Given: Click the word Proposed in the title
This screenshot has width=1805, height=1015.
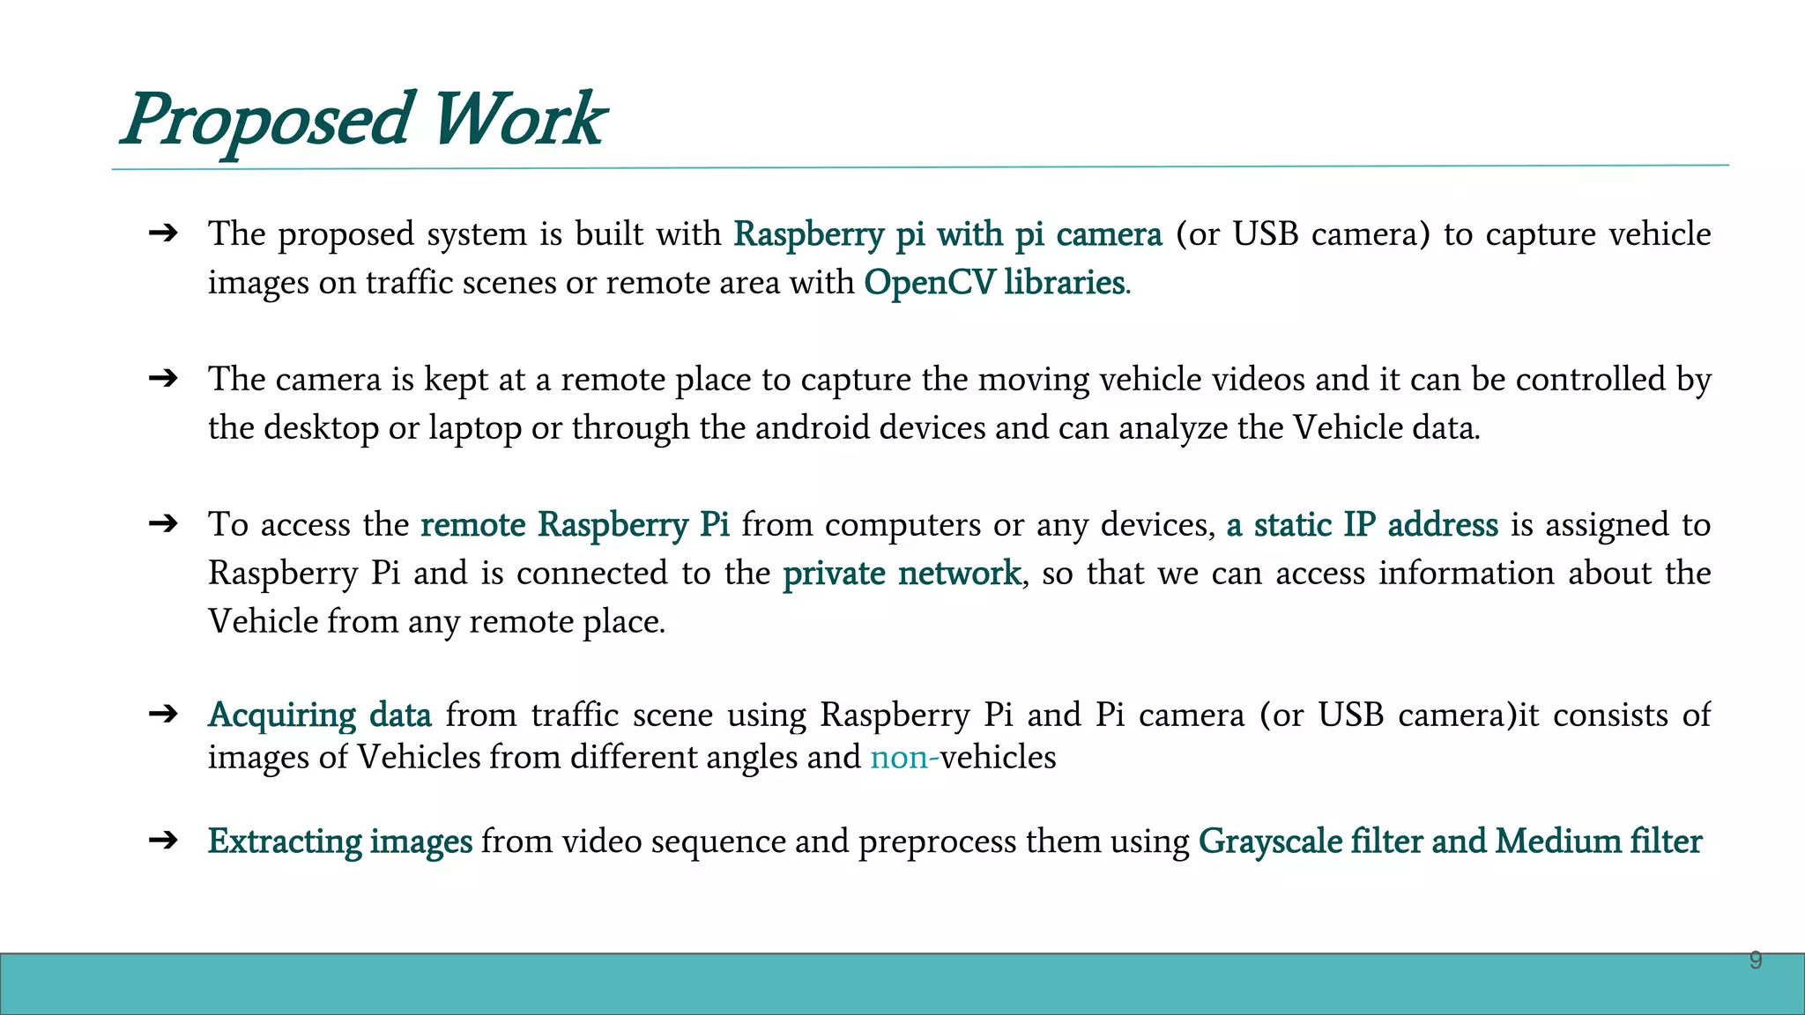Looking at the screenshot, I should pos(266,120).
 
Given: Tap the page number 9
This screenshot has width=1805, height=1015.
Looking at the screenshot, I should pos(1755,960).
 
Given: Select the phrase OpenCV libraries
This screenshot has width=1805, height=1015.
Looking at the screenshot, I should pos(994,283).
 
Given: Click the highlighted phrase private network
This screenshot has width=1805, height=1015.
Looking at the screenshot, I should pos(902,574).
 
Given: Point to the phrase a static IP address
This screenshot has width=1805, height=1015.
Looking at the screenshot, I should pos(1362,525).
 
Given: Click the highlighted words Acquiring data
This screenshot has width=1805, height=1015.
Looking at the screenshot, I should pos(319,715).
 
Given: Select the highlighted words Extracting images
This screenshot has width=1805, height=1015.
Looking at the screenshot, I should pos(339,841).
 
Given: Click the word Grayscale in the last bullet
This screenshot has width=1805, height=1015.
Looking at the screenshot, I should pos(1269,841).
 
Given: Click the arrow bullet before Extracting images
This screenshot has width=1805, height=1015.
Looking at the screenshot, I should pos(164,841).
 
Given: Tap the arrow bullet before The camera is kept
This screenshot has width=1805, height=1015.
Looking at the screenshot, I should pos(164,379).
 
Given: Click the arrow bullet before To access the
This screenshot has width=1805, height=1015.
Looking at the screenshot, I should pos(164,524).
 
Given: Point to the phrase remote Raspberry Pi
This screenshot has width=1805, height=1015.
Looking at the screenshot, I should pos(575,525).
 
